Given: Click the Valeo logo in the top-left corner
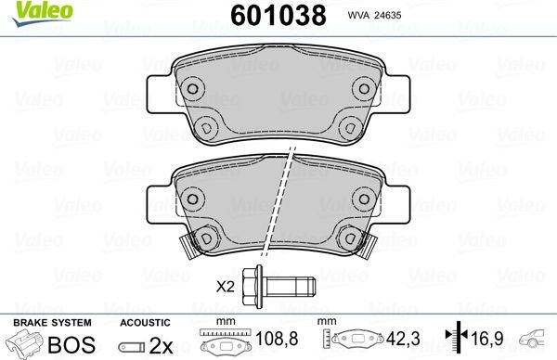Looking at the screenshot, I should [32, 12].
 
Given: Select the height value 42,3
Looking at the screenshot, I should [400, 340].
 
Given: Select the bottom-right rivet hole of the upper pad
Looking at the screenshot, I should [349, 127].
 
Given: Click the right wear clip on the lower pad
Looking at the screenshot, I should [364, 245].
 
